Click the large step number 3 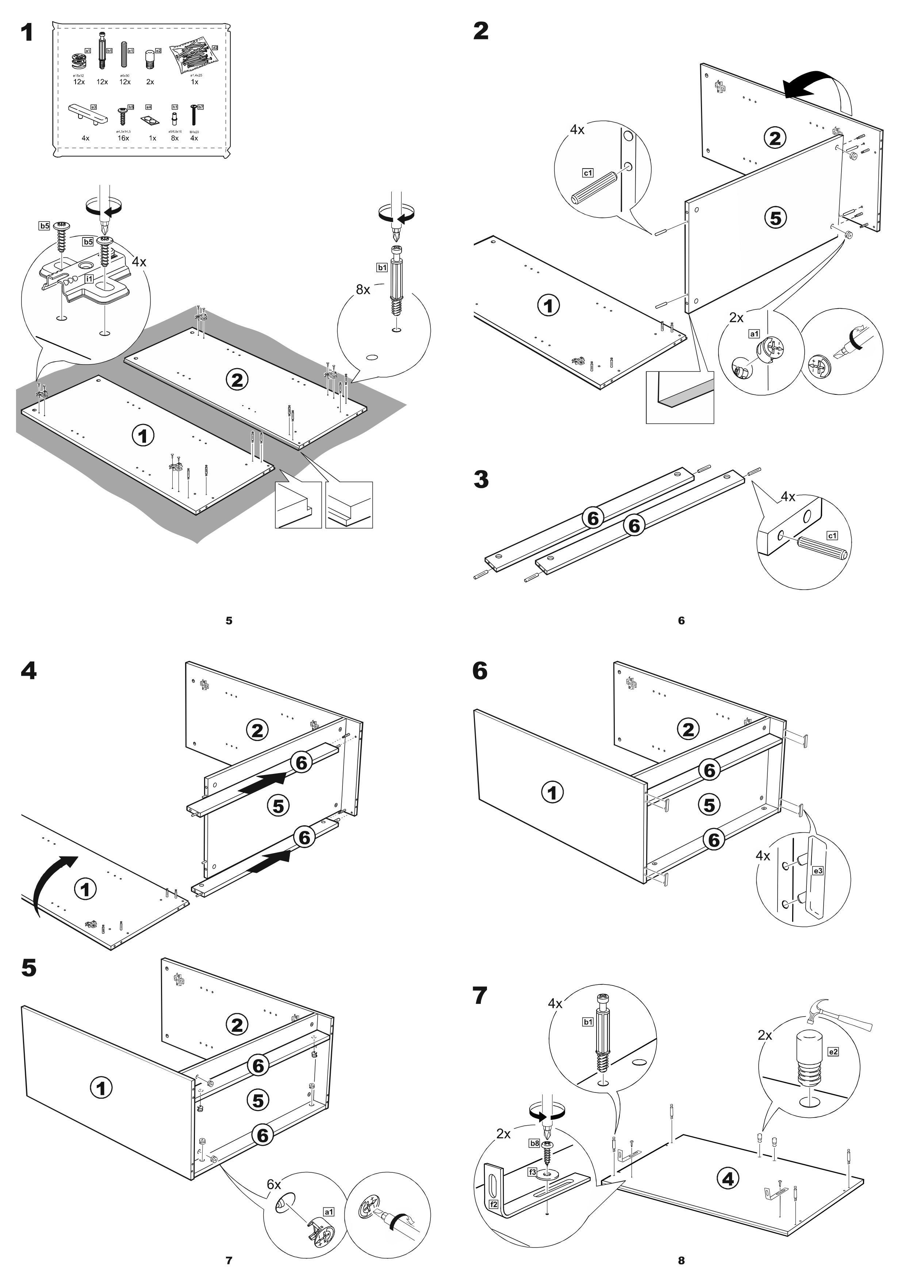tap(481, 479)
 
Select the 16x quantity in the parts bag tap(123, 138)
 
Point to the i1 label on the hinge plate tap(89, 278)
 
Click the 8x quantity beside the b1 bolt tap(363, 289)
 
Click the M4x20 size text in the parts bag tap(194, 132)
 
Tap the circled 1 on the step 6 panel tap(553, 792)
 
